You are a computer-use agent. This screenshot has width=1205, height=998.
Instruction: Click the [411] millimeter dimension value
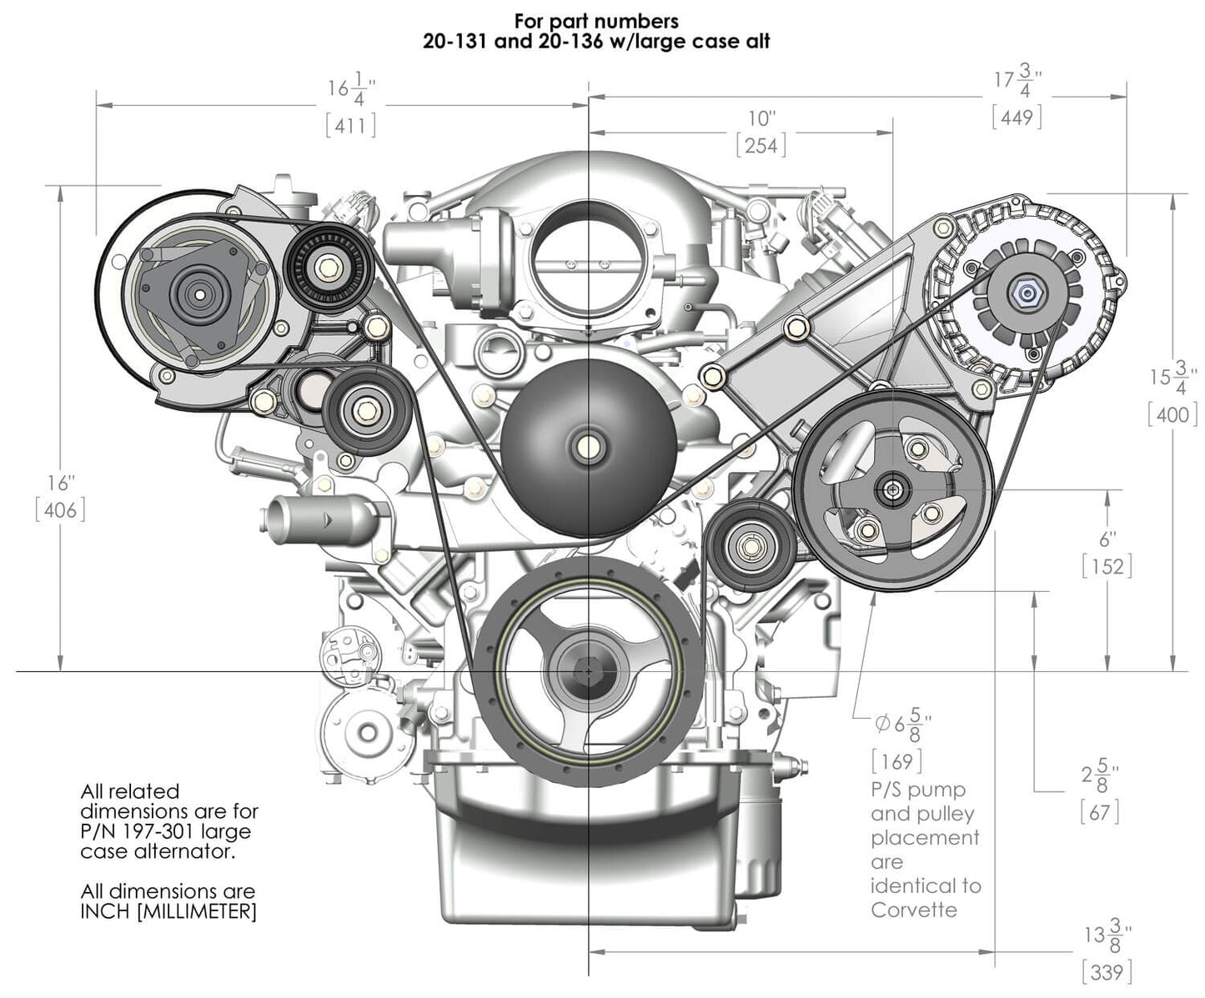pos(350,125)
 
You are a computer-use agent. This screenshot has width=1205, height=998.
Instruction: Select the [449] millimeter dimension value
pos(1017,117)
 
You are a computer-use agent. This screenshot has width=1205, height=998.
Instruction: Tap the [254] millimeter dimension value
pos(761,145)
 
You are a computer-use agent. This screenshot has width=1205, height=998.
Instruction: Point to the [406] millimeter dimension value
pos(60,509)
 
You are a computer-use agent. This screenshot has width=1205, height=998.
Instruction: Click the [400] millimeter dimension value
pos(1172,414)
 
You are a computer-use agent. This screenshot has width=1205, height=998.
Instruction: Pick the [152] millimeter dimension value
pos(1107,567)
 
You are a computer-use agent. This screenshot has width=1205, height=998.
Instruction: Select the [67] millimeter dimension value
pos(1099,811)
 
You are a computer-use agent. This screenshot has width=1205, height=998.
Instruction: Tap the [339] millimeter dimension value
pos(1107,971)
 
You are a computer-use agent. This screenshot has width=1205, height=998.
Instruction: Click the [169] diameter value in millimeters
pos(897,760)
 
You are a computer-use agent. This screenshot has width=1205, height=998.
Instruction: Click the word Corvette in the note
pos(914,910)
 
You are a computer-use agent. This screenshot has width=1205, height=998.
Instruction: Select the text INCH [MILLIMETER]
pos(168,911)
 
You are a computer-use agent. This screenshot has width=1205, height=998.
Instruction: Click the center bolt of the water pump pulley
pos(589,445)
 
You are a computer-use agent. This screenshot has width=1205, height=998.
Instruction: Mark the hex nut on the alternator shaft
pos(1022,292)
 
